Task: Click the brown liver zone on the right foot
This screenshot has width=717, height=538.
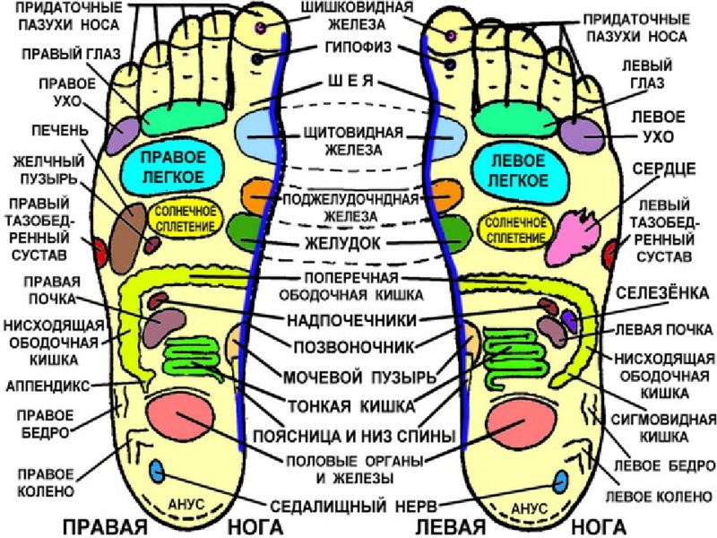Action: click(127, 235)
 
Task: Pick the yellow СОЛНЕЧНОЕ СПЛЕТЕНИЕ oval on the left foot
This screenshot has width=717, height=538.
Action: click(514, 229)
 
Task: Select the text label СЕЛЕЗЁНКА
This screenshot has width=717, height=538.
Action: click(662, 293)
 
